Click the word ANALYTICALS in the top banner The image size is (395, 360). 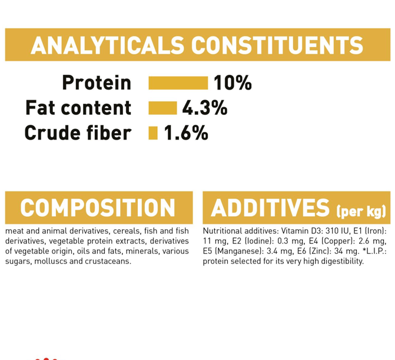[107, 45]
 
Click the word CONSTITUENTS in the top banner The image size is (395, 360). [277, 45]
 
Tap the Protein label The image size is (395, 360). [97, 82]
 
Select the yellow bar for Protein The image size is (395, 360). [178, 83]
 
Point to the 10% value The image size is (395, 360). [233, 82]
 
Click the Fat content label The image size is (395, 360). [78, 108]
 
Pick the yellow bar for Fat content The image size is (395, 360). [162, 108]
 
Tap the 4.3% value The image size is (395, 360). [205, 108]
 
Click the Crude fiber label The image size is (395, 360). [78, 133]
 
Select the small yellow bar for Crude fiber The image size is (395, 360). [153, 133]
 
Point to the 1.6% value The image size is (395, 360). [186, 133]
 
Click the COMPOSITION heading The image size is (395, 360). [98, 208]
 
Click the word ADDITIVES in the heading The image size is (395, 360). [270, 208]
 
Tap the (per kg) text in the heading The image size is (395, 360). [361, 212]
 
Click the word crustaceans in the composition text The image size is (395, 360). [108, 261]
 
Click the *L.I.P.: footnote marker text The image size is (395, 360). [374, 251]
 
